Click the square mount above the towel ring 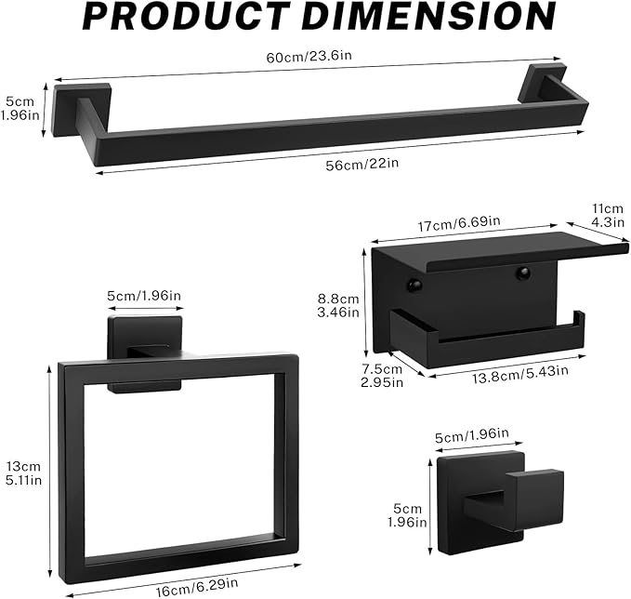[141, 335]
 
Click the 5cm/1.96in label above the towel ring [143, 296]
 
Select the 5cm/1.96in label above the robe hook [471, 433]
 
